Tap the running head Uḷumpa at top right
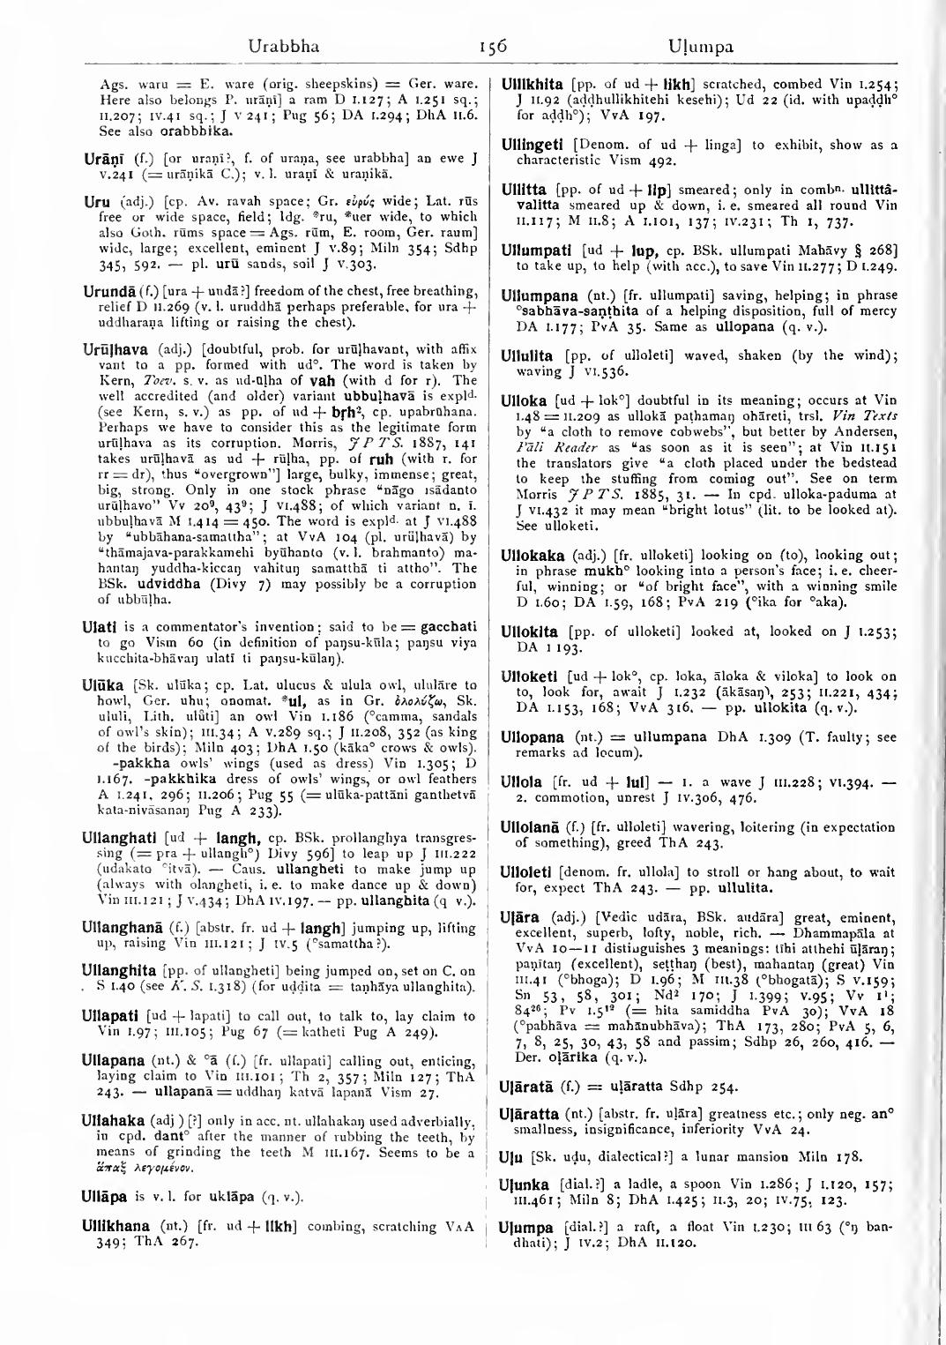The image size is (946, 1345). pyautogui.click(x=702, y=46)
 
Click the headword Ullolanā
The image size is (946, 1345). pyautogui.click(x=537, y=826)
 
